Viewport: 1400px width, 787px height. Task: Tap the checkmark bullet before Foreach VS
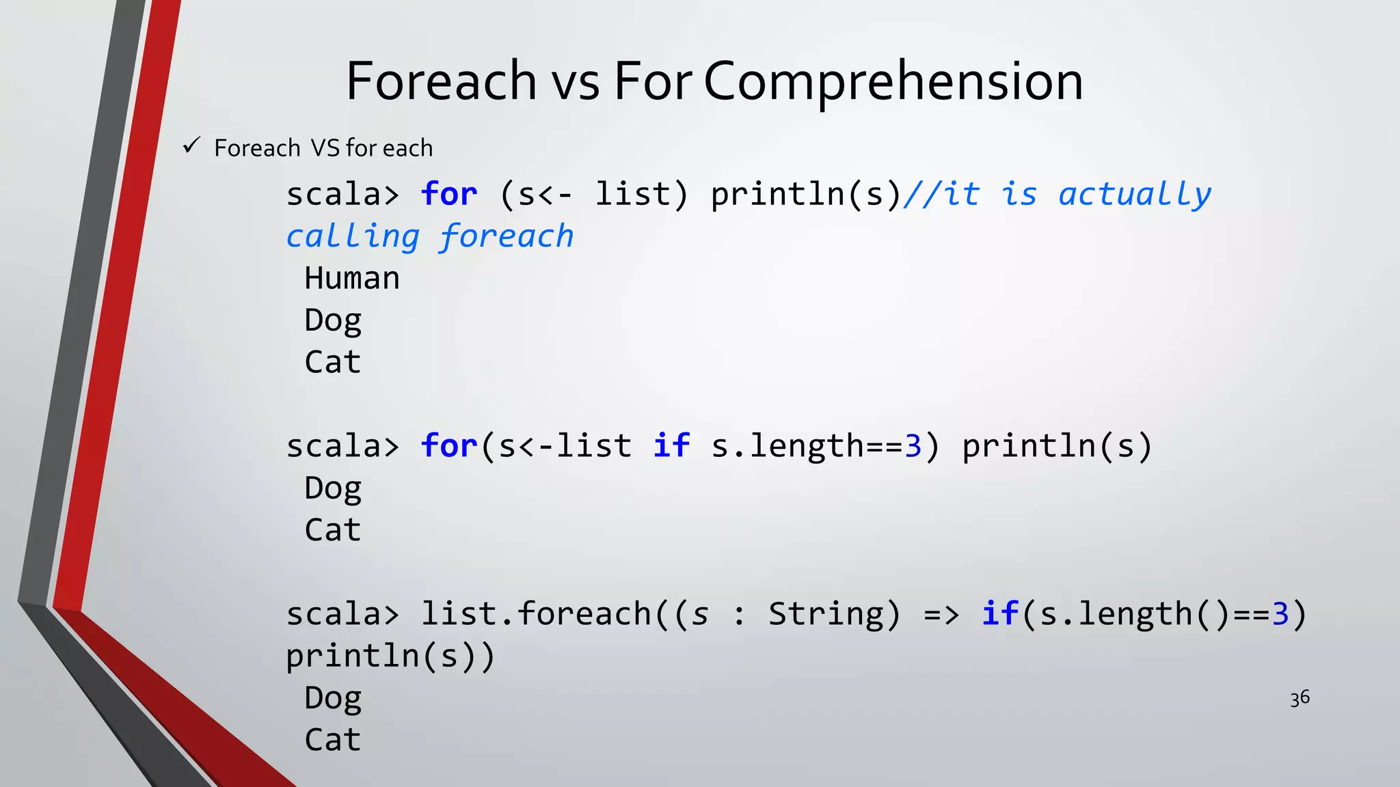tap(191, 146)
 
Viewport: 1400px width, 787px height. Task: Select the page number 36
tap(1300, 698)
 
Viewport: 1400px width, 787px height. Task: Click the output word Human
tap(352, 279)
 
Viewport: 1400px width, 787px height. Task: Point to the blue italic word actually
tap(1135, 195)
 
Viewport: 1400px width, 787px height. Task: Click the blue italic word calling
tap(353, 237)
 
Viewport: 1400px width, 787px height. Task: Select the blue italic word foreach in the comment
tap(507, 237)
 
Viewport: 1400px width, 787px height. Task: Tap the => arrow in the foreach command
tap(941, 614)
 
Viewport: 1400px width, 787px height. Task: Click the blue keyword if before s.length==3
tap(671, 446)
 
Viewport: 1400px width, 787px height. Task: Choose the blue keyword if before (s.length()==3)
tap(999, 613)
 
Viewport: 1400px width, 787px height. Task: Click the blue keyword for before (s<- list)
tap(449, 194)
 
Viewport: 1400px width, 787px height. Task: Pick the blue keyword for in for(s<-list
tap(449, 446)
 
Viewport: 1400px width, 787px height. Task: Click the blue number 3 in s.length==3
tap(913, 446)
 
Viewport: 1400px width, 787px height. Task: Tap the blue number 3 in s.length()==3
tap(1280, 613)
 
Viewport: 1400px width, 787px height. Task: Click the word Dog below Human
tap(333, 320)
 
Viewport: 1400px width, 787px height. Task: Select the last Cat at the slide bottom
tap(333, 740)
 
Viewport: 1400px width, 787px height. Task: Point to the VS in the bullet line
tap(325, 148)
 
